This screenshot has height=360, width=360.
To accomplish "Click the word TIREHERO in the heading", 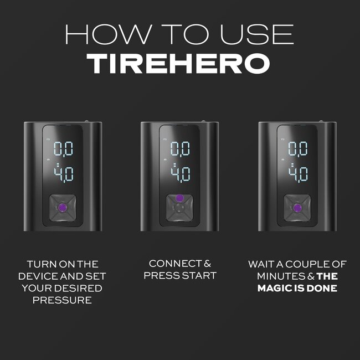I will (179, 64).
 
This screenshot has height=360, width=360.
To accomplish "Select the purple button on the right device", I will (297, 208).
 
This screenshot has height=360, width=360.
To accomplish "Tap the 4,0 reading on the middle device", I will (179, 173).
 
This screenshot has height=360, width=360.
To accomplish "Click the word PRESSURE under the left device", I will (61, 300).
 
